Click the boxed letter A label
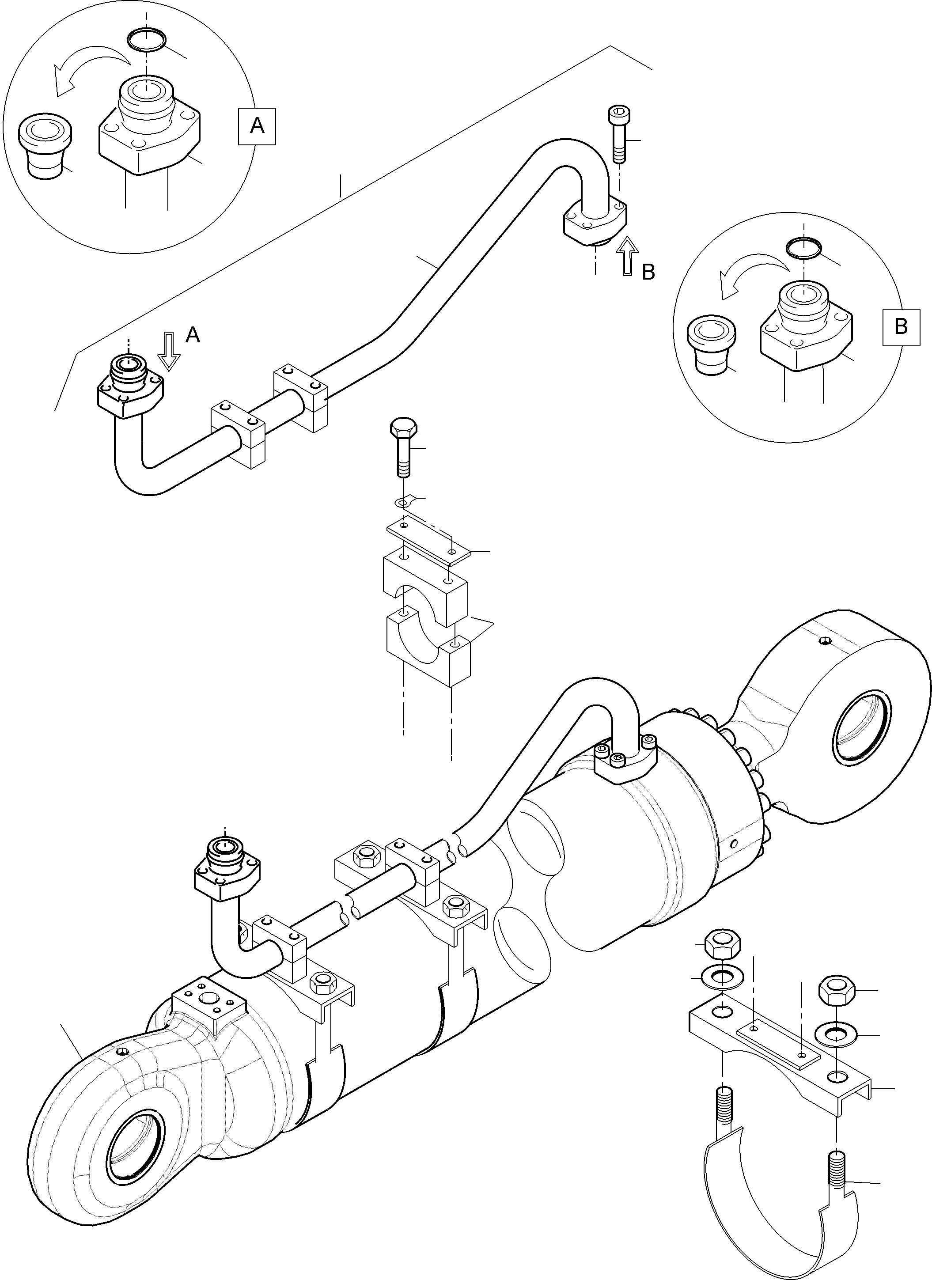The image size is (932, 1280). [x=257, y=125]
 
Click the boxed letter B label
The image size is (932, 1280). [x=901, y=326]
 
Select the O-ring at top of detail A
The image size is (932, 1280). [x=146, y=41]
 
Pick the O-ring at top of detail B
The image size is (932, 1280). [x=804, y=247]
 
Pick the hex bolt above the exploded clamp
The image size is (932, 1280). [x=402, y=445]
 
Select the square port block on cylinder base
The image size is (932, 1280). [x=209, y=1008]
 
